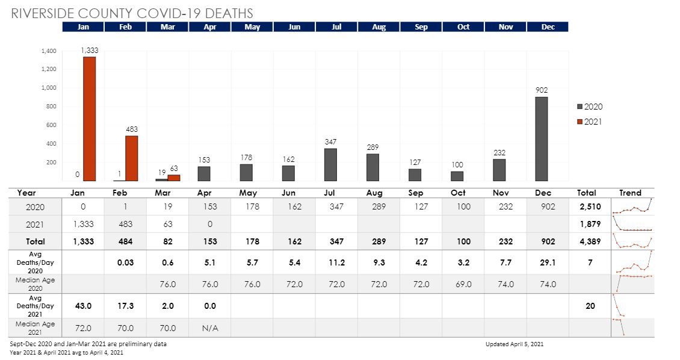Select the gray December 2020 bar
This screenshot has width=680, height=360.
(x=542, y=138)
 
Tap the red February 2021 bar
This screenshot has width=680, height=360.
(x=132, y=158)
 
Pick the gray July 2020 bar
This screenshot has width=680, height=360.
(x=330, y=164)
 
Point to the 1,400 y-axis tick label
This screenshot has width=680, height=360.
(x=49, y=51)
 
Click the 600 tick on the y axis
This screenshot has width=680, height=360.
(x=51, y=125)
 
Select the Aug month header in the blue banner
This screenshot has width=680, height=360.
(x=379, y=27)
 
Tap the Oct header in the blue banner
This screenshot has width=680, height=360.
(x=463, y=27)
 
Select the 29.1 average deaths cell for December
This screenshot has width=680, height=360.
(x=548, y=262)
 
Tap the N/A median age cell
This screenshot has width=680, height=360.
(x=210, y=328)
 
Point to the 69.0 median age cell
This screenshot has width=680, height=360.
(x=463, y=284)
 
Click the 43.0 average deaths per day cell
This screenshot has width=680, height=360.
(x=83, y=306)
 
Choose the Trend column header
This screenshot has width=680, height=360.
(x=630, y=193)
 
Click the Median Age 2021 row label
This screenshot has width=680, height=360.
(x=34, y=328)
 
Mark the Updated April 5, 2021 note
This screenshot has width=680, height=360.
(x=515, y=344)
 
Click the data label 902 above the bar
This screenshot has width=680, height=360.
(x=542, y=90)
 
